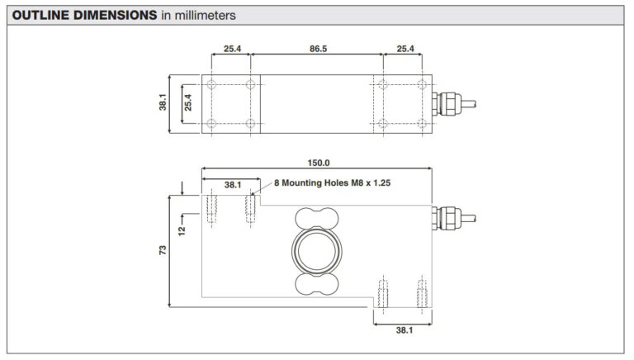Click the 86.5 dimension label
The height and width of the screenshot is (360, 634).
tap(318, 49)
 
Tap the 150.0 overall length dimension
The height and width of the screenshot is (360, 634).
tap(319, 163)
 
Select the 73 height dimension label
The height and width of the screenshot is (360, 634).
tap(163, 250)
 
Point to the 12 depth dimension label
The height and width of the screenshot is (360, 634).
tap(182, 231)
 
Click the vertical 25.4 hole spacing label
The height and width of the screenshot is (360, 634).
tap(188, 102)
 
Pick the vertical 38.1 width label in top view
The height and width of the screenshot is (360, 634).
tap(163, 102)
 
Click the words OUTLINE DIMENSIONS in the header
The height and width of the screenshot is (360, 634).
tap(84, 16)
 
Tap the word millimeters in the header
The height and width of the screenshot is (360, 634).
tap(205, 16)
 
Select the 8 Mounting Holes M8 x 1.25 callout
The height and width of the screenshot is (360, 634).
tap(333, 182)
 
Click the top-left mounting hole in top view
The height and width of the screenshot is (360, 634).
tap(211, 84)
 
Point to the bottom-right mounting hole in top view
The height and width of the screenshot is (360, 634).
tap(422, 123)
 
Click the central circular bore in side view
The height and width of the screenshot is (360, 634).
tap(317, 251)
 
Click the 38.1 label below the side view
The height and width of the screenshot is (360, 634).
tap(405, 330)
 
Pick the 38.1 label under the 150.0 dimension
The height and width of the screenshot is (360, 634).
tap(233, 185)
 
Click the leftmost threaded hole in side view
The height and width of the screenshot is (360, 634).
tap(211, 209)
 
